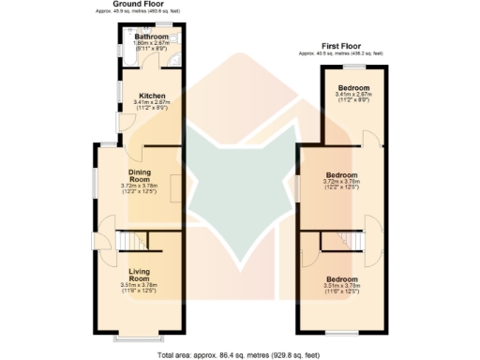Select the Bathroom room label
151,37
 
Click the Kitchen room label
152,96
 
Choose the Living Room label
139,275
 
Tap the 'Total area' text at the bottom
240,355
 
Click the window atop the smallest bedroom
353,67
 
